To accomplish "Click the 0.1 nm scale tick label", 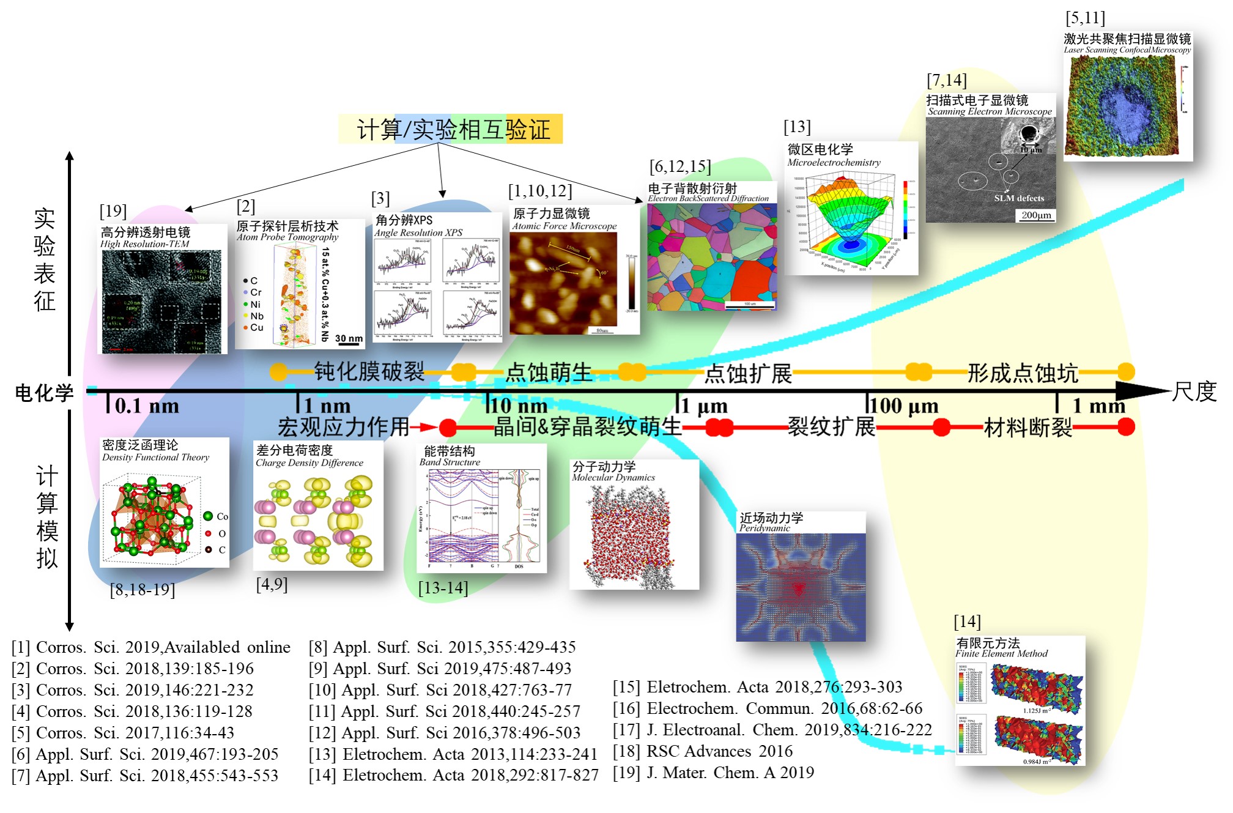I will pyautogui.click(x=147, y=406).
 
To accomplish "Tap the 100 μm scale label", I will pyautogui.click(x=903, y=406).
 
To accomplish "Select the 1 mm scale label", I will pyautogui.click(x=1098, y=406).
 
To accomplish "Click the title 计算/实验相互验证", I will pyautogui.click(x=451, y=129).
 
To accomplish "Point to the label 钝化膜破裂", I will pyautogui.click(x=369, y=371).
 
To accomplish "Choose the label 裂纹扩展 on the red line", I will pyautogui.click(x=831, y=426).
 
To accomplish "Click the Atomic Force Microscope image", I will pyautogui.click(x=563, y=283).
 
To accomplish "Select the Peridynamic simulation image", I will pyautogui.click(x=801, y=587).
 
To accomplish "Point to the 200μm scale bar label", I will pyautogui.click(x=1036, y=215).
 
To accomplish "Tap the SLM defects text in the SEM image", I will pyautogui.click(x=1019, y=198).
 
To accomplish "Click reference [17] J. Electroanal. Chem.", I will pyautogui.click(x=772, y=730).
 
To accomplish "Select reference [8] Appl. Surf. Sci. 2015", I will pyautogui.click(x=442, y=647).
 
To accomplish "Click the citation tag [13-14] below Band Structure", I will pyautogui.click(x=443, y=588).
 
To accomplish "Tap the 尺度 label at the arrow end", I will pyautogui.click(x=1194, y=392).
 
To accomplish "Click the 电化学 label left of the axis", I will pyautogui.click(x=44, y=393).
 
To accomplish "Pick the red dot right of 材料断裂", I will pyautogui.click(x=1126, y=427).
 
